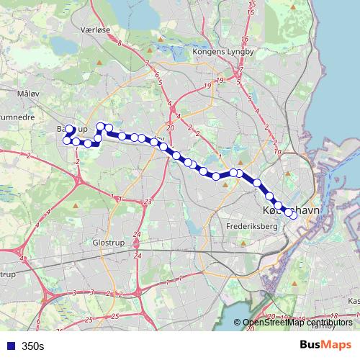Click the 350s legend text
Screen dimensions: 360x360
pyautogui.click(x=32, y=346)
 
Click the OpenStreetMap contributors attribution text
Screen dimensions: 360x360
pyautogui.click(x=297, y=322)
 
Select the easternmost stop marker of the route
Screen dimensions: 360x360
pyautogui.click(x=293, y=215)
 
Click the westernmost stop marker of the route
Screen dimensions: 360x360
pyautogui.click(x=67, y=140)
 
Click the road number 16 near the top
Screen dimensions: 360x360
pyautogui.click(x=246, y=39)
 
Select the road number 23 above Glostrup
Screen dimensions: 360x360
pyautogui.click(x=147, y=201)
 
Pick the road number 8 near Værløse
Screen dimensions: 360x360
pyautogui.click(x=119, y=44)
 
